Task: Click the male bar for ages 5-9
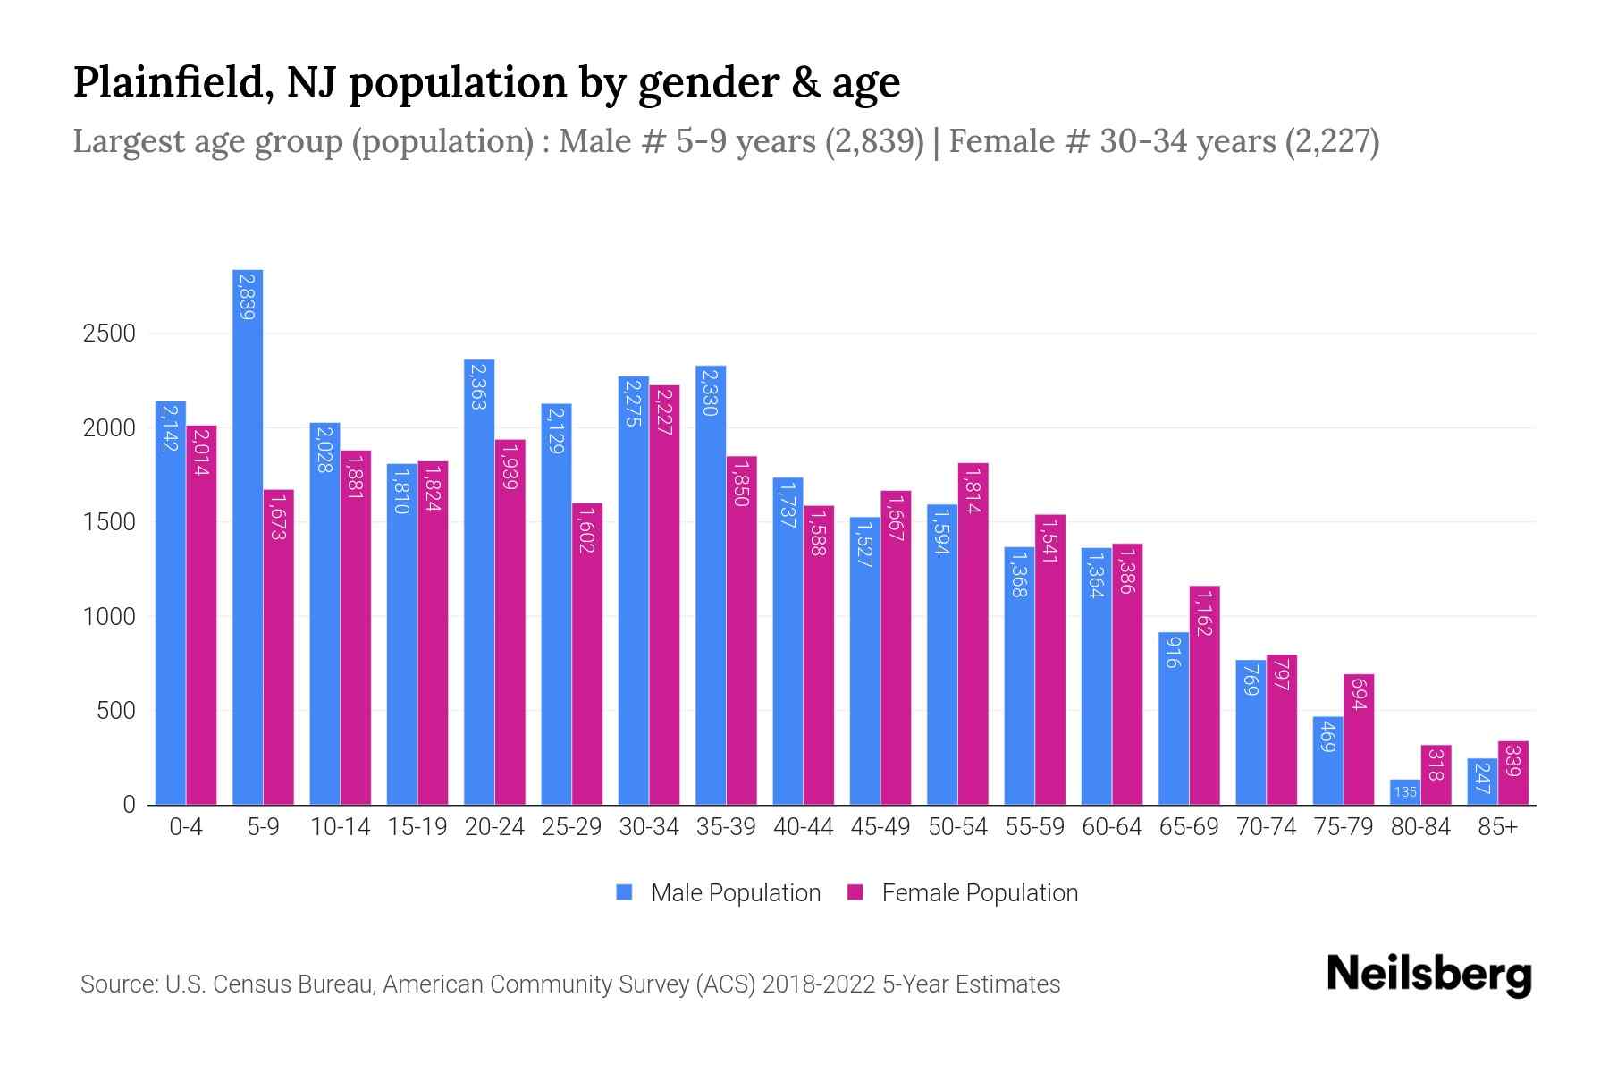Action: (248, 536)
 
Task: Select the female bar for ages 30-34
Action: (664, 595)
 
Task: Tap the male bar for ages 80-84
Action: (1404, 792)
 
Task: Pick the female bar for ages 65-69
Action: (1204, 696)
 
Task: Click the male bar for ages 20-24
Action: (479, 581)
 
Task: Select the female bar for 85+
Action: (1512, 773)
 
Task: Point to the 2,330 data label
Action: (711, 392)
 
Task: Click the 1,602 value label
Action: (586, 529)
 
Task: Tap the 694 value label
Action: (1358, 695)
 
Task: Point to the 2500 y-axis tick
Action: (109, 334)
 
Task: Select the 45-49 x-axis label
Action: (880, 827)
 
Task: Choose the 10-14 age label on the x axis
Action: (340, 827)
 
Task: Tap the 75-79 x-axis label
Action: (1343, 827)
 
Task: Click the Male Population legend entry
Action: (735, 893)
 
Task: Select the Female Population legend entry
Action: (979, 893)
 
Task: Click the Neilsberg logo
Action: (1428, 975)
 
